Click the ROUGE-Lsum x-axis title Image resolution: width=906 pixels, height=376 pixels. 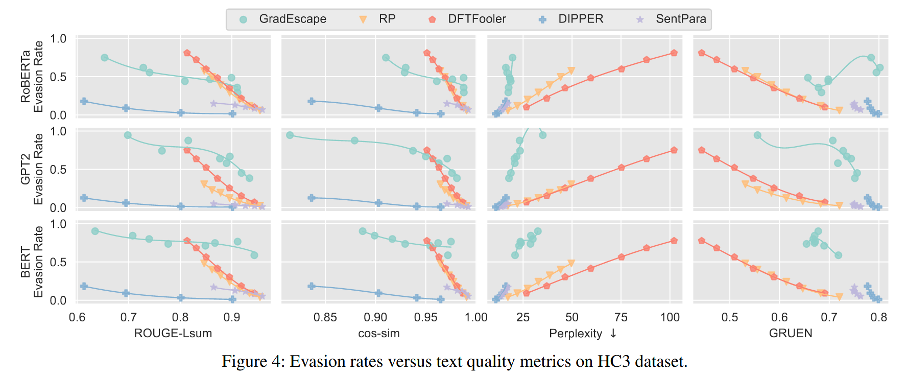click(x=173, y=334)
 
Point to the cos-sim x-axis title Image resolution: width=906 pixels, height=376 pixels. click(x=378, y=334)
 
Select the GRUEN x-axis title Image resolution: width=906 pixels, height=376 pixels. click(x=790, y=334)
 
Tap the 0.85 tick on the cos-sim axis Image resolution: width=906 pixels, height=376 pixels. click(x=325, y=317)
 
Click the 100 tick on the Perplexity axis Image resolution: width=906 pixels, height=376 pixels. click(x=670, y=317)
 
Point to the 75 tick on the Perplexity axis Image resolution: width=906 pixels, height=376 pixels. click(x=621, y=317)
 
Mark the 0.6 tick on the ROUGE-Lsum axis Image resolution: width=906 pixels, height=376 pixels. click(x=77, y=317)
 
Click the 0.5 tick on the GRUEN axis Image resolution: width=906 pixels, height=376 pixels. click(x=730, y=317)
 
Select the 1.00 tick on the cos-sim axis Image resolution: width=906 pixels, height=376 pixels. click(x=476, y=317)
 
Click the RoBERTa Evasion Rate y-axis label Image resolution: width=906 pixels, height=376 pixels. click(x=32, y=77)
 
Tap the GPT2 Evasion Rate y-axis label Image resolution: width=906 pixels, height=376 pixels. click(x=32, y=169)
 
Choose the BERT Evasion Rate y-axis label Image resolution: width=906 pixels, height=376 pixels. click(x=32, y=262)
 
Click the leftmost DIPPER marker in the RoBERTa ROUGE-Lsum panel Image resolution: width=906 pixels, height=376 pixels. click(x=84, y=101)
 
